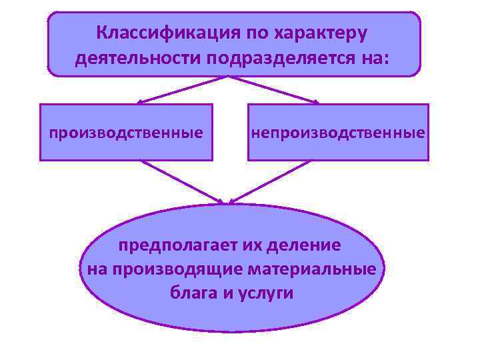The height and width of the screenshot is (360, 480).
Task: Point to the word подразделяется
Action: (280, 58)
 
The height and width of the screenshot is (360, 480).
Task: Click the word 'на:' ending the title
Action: (374, 58)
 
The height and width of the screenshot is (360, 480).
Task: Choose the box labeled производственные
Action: (126, 132)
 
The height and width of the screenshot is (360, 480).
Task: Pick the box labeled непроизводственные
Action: (338, 132)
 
